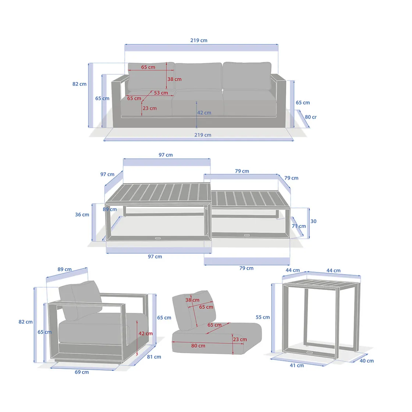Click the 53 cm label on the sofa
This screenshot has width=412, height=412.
pos(161,93)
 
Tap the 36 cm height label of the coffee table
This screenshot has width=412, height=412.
pos(82,215)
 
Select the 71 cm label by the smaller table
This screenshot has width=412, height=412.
pos(299,226)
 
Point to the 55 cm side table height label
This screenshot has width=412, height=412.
pos(263,317)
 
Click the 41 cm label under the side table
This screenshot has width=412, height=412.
pos(296,366)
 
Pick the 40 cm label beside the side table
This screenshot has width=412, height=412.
pos(366,361)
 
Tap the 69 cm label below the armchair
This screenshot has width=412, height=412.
pos(82,372)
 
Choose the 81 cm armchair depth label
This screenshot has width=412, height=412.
pos(154,357)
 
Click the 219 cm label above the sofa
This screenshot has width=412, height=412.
pos(199,40)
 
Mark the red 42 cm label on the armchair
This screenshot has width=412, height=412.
pos(146,333)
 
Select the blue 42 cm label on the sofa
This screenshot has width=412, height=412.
pos(204,113)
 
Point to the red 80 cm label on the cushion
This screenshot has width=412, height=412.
pos(198,346)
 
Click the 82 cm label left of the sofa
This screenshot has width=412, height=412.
pos(79,84)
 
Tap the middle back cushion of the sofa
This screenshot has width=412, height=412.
pos(198,76)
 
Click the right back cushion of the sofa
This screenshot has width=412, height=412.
pos(247,76)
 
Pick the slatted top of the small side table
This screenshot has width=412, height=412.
pos(322,284)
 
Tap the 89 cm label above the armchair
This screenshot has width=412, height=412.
pos(64,269)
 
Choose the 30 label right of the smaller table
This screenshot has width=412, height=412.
pos(313,221)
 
